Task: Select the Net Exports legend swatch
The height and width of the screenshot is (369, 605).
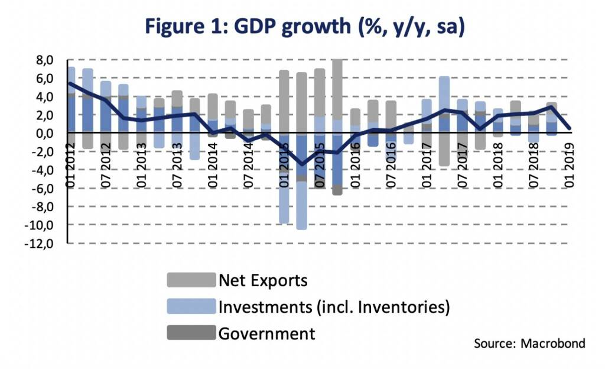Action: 191,279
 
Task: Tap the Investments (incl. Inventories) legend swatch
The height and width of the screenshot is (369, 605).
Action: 191,306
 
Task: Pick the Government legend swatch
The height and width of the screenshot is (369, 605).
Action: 191,334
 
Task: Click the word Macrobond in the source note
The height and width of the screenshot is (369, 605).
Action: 555,344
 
